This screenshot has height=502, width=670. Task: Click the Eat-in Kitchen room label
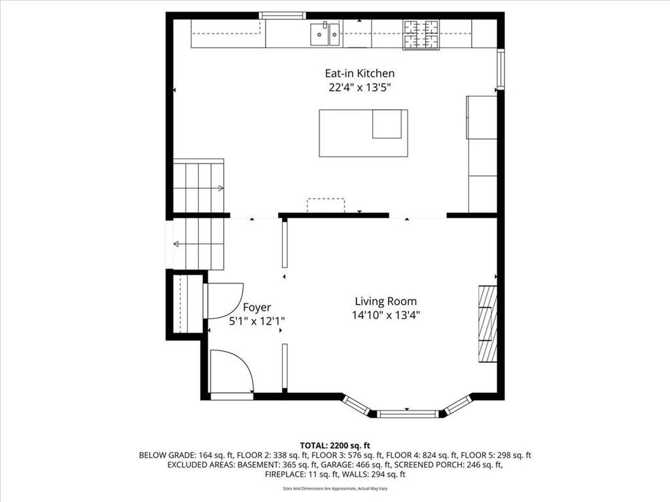[x=360, y=73]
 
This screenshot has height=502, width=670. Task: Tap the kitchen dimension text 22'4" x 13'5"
[x=360, y=88]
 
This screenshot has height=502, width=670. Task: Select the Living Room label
[x=386, y=301]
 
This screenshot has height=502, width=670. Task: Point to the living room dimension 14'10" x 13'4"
[x=386, y=316]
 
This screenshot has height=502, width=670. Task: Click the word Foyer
[x=256, y=307]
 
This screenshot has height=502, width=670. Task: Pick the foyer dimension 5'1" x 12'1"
[x=256, y=321]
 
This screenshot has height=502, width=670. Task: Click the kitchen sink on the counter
[x=325, y=34]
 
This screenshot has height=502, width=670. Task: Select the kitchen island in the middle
[x=363, y=133]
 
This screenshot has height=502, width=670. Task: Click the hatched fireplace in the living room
[x=487, y=324]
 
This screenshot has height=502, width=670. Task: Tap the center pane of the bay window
[x=408, y=414]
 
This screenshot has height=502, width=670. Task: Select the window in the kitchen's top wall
[x=283, y=16]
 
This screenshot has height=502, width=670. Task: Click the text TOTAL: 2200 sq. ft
[x=335, y=446]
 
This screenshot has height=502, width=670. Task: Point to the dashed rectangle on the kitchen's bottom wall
[x=326, y=205]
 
